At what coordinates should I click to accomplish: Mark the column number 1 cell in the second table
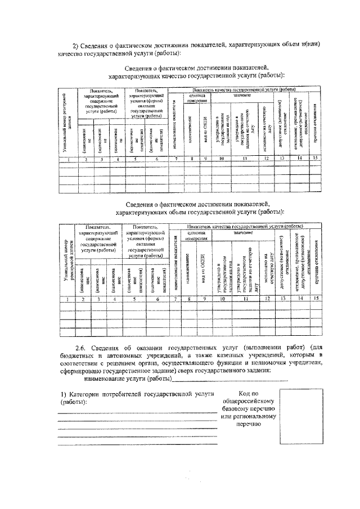pos(67,299)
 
